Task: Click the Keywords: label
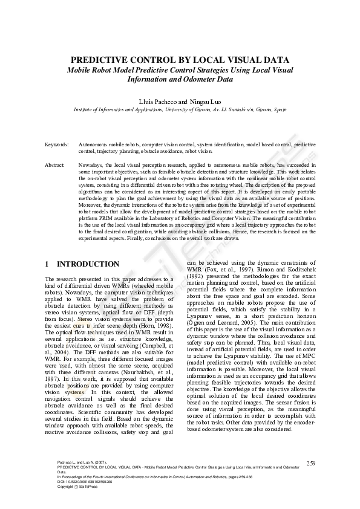click(57, 145)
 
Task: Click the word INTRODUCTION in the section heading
click(88, 264)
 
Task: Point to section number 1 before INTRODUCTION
click(48, 264)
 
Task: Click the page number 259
click(311, 463)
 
